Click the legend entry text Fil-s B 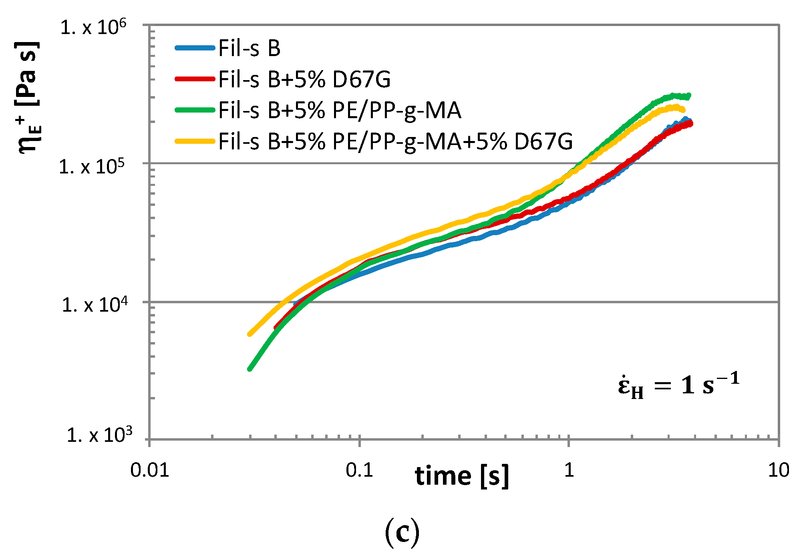(249, 48)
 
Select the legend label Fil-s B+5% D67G (304, 79)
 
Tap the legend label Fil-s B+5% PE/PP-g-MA (340, 110)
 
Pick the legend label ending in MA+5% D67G (395, 141)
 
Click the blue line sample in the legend (195, 48)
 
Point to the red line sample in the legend (195, 79)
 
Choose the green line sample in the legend (195, 110)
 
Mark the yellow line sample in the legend (195, 141)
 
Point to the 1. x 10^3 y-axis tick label (99, 435)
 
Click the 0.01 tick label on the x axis (150, 470)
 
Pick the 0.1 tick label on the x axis (359, 470)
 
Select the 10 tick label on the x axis (778, 470)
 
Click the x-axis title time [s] (462, 476)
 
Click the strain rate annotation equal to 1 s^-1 (678, 385)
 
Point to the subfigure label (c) (402, 532)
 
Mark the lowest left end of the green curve (250, 369)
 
